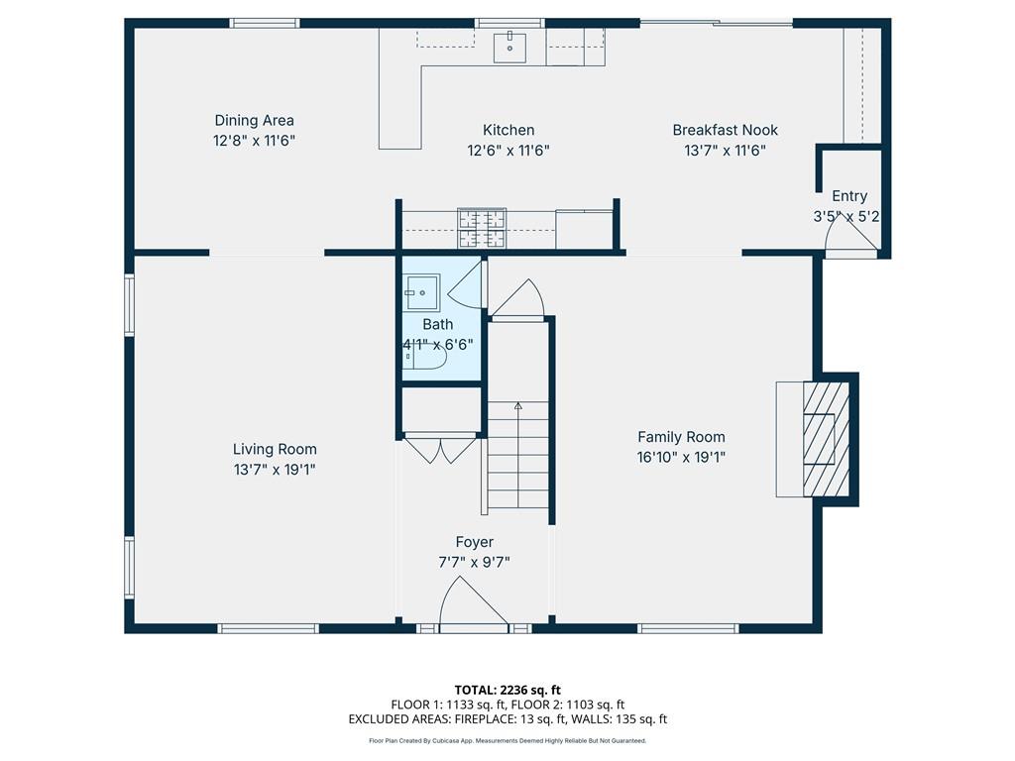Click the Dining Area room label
click(x=254, y=120)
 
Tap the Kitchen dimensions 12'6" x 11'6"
click(x=508, y=151)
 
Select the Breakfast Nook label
click(x=725, y=130)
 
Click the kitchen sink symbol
click(x=509, y=48)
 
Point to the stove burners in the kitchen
click(x=482, y=228)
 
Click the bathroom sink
click(x=422, y=292)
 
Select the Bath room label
click(x=437, y=324)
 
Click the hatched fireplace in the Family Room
click(x=826, y=439)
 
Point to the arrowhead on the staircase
click(x=517, y=405)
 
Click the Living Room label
click(x=275, y=449)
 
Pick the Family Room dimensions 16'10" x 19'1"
click(x=681, y=458)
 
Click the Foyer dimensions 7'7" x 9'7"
click(x=475, y=563)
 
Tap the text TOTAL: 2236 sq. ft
click(x=507, y=690)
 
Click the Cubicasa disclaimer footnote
click(x=507, y=741)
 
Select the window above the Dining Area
click(x=265, y=24)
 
